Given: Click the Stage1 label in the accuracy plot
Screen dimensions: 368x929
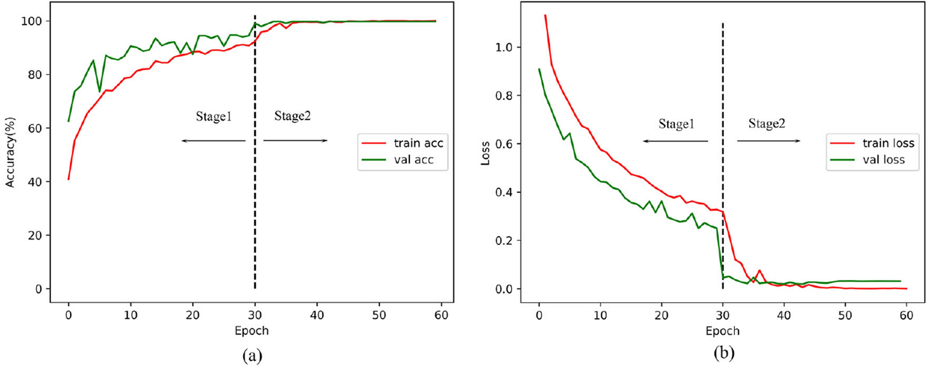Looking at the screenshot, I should (214, 116).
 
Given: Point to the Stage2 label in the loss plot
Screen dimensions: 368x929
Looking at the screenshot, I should (767, 124).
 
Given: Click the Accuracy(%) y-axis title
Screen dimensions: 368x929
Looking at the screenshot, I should (10, 152).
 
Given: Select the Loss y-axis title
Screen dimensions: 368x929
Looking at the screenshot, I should (485, 153).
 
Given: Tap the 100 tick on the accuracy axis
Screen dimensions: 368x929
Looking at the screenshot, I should (31, 21).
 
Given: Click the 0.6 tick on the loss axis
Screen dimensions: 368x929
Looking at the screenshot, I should (504, 144).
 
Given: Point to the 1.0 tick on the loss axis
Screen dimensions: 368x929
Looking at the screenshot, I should (504, 47).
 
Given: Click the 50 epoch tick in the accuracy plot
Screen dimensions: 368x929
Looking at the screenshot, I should (379, 315).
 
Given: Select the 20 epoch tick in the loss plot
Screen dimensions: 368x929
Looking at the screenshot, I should (661, 315).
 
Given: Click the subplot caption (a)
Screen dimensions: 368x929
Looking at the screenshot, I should (252, 356).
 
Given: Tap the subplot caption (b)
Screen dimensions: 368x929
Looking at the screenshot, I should (723, 353).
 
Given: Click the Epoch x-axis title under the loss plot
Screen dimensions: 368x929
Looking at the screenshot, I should (723, 331).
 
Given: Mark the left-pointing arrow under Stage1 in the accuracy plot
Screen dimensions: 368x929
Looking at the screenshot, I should (214, 141).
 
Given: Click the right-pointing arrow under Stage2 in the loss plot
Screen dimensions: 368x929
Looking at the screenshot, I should (769, 141).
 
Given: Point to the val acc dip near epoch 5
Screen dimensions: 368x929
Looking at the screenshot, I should (99, 91).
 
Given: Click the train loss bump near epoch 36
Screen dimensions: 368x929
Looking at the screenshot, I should (759, 270).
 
